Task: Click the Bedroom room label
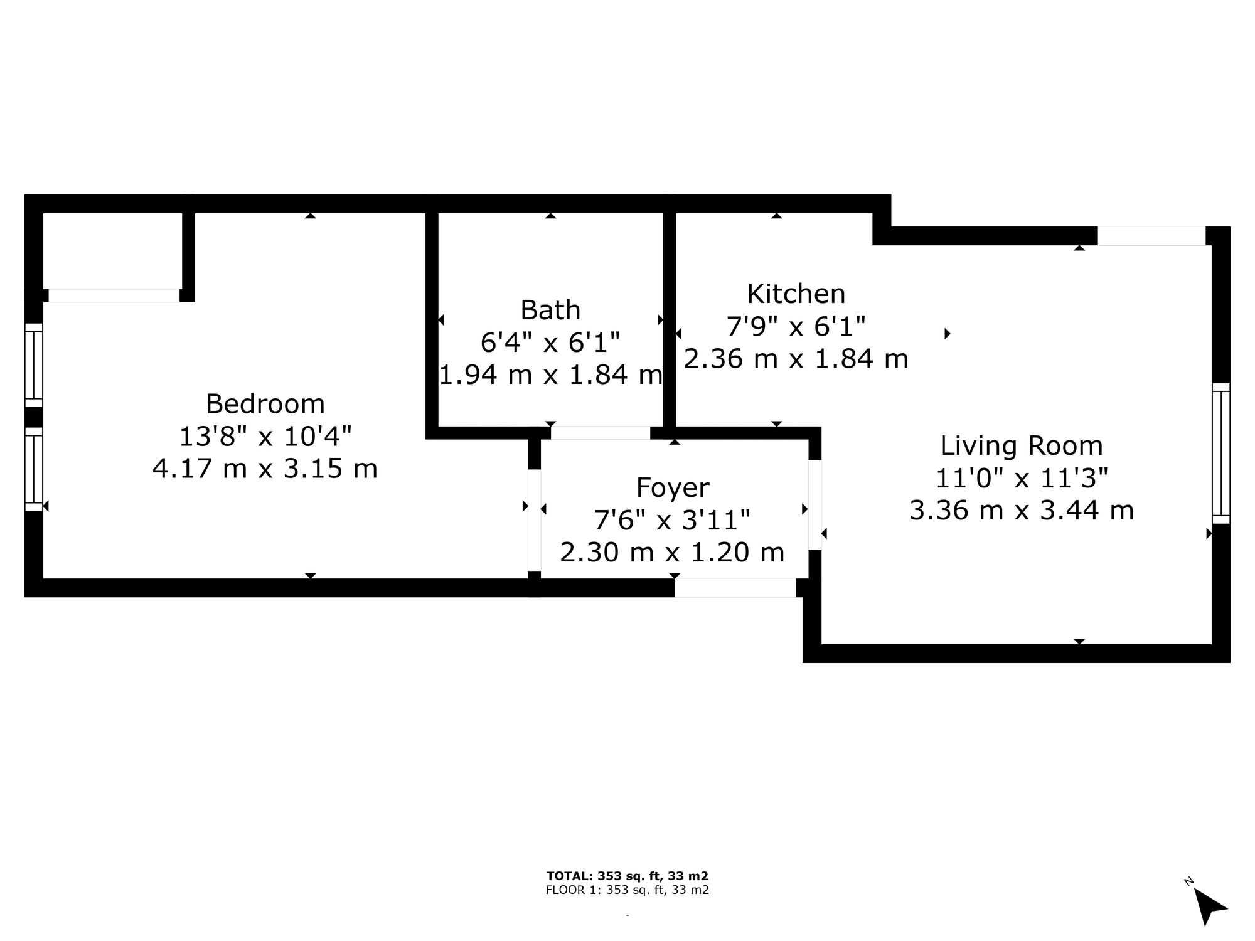click(x=265, y=403)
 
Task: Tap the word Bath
click(x=550, y=310)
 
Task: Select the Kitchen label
click(x=796, y=294)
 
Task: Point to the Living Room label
click(x=1022, y=446)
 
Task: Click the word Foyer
click(x=673, y=488)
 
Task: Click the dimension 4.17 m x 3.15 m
click(x=265, y=469)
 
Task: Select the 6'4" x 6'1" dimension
click(x=550, y=343)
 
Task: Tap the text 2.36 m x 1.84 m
click(x=796, y=359)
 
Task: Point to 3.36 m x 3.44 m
click(x=1022, y=511)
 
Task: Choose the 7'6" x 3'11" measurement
click(x=673, y=520)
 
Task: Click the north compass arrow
click(x=1209, y=907)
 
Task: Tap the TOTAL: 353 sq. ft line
click(x=627, y=876)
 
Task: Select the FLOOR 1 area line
click(x=627, y=890)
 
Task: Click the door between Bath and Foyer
click(x=601, y=433)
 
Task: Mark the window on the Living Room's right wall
click(x=1221, y=453)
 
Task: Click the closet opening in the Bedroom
click(x=114, y=295)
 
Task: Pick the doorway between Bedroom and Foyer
click(x=534, y=520)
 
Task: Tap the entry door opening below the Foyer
click(x=735, y=588)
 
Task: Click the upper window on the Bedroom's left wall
click(x=34, y=365)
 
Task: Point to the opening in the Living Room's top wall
click(x=1151, y=236)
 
